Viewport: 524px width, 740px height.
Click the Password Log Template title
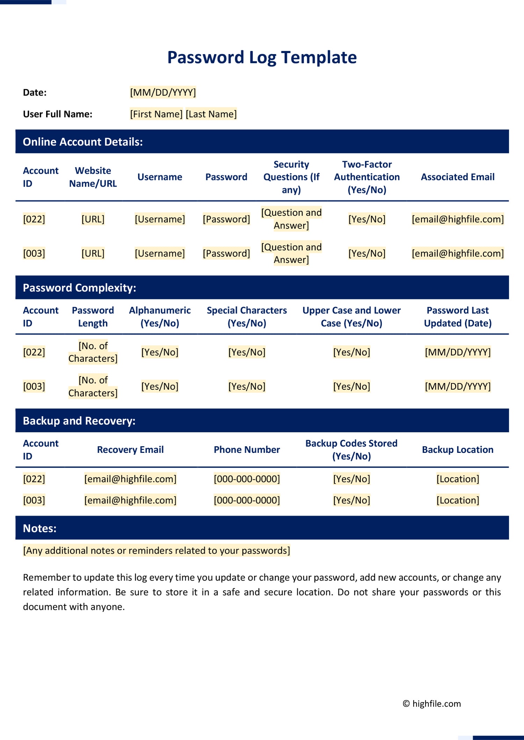click(x=262, y=57)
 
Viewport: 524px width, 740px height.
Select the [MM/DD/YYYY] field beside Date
click(x=163, y=92)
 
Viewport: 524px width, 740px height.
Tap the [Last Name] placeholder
click(x=211, y=114)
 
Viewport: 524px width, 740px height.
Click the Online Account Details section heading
click(x=83, y=142)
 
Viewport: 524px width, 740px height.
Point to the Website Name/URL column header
click(x=93, y=177)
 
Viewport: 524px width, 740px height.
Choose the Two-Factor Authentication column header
click(x=367, y=177)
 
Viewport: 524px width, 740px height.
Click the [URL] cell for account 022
click(x=93, y=219)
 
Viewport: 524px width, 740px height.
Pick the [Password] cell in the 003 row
click(x=226, y=253)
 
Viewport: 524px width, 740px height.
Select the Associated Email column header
click(x=457, y=177)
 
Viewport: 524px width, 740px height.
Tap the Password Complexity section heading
click(x=79, y=287)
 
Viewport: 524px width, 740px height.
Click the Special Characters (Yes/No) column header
click(x=247, y=317)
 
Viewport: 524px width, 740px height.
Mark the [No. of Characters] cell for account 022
click(x=93, y=352)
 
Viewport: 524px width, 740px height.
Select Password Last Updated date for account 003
click(x=458, y=386)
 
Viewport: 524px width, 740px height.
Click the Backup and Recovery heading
click(x=79, y=421)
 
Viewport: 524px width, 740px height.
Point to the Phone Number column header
click(x=247, y=450)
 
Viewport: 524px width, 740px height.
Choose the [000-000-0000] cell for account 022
click(x=247, y=479)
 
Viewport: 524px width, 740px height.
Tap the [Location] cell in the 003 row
click(x=458, y=500)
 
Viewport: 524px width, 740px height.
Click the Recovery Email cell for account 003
click(x=130, y=500)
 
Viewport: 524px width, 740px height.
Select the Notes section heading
click(x=39, y=528)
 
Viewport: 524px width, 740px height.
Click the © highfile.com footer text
click(x=432, y=704)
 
